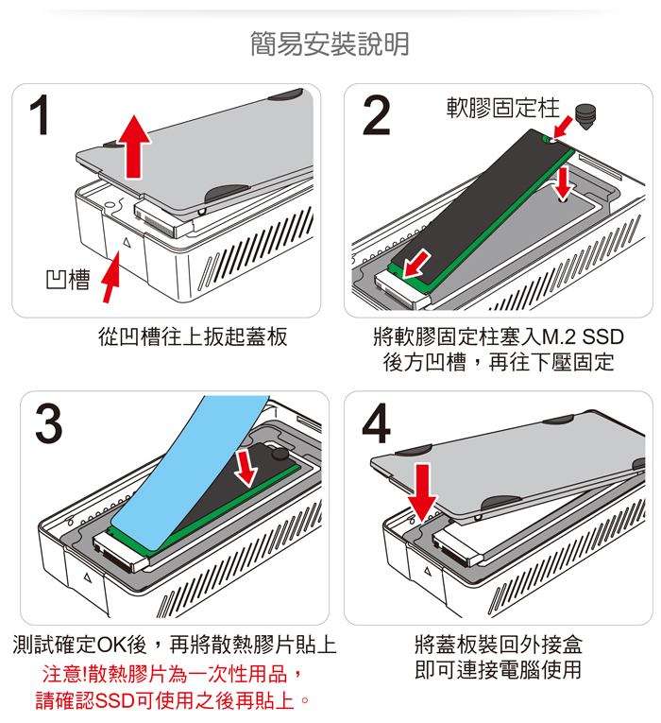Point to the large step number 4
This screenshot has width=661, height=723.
376,424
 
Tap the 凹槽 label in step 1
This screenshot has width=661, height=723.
67,280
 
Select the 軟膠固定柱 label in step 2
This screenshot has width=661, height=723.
502,107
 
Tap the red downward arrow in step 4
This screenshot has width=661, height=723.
424,491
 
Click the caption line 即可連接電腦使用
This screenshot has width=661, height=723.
499,670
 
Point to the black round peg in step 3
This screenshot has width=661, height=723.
280,454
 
